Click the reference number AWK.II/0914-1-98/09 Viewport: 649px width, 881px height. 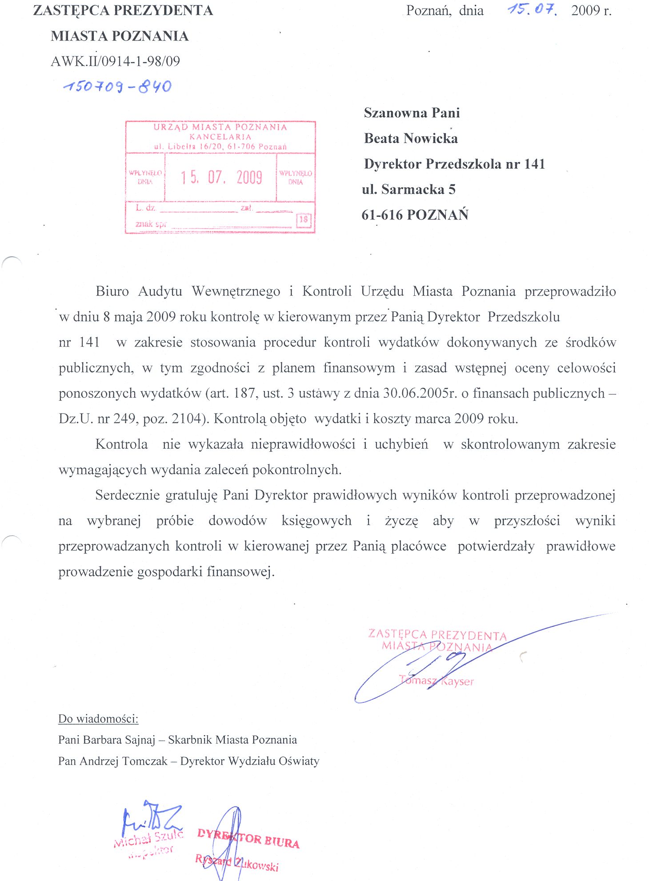coord(116,61)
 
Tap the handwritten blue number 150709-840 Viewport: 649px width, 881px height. coord(117,86)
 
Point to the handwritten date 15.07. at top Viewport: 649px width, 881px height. coord(532,9)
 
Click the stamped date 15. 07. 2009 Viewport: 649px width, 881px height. coord(221,177)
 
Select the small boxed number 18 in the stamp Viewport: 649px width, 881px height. coord(304,219)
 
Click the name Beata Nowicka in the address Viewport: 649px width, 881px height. coord(411,139)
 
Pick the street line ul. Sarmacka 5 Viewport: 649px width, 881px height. coord(409,190)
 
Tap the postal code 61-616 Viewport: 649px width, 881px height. coord(382,215)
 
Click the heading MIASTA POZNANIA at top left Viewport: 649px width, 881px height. coord(120,36)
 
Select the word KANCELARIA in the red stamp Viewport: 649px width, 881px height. coord(220,137)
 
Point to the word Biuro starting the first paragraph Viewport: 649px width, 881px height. coord(112,292)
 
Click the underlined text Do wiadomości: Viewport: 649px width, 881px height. coord(98,719)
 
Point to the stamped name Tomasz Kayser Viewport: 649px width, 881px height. coord(437,681)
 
